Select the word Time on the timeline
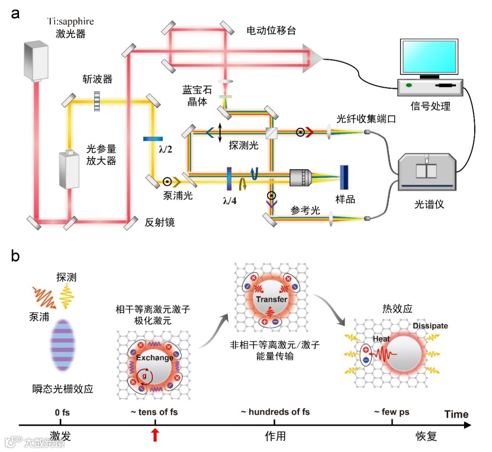[x=454, y=414]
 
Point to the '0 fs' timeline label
[x=60, y=412]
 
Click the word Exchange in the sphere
[x=155, y=357]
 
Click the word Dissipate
[x=431, y=326]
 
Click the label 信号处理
[x=430, y=106]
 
